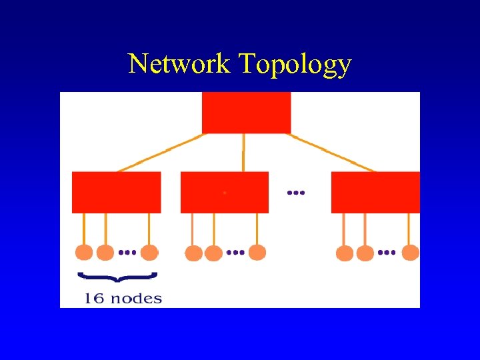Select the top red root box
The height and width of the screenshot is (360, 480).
click(246, 112)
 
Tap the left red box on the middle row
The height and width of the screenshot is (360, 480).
click(116, 192)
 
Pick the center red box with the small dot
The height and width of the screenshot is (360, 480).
click(225, 192)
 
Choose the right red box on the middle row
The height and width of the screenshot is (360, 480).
click(375, 192)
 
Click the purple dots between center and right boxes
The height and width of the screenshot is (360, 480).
click(295, 193)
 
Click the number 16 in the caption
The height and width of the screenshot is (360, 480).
click(94, 298)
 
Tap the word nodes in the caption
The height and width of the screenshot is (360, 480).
click(136, 298)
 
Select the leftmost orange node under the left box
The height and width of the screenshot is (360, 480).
click(84, 253)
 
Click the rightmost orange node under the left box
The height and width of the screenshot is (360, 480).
click(150, 253)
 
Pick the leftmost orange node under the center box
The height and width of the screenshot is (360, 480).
click(193, 253)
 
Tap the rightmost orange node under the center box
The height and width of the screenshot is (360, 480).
click(257, 253)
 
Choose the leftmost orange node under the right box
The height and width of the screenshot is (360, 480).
click(345, 253)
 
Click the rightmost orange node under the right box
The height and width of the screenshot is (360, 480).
click(411, 253)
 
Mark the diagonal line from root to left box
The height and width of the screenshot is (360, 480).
click(160, 153)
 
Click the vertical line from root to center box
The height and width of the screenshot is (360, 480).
click(243, 152)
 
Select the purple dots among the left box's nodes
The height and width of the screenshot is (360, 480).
click(127, 253)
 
